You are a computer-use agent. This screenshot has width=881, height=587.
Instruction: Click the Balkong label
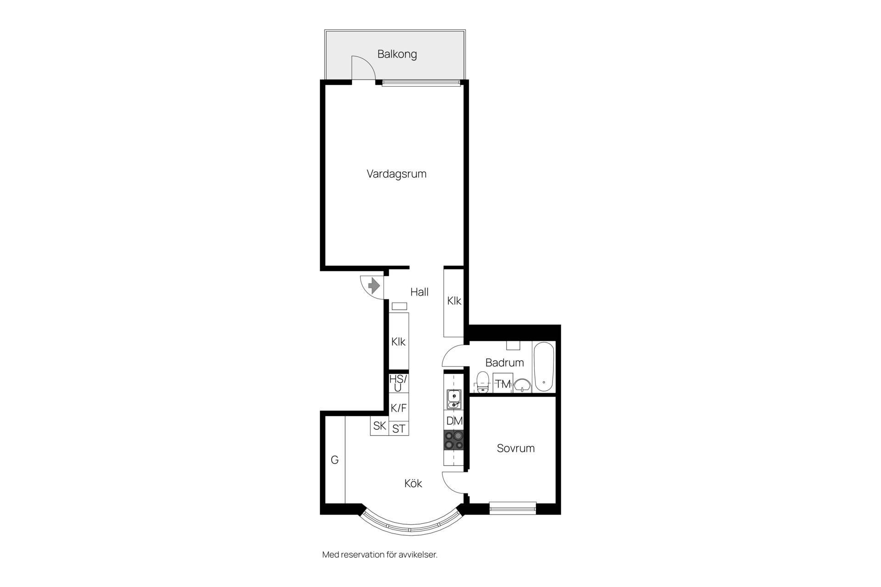point(397,54)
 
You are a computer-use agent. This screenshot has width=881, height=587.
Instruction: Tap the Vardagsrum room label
point(396,174)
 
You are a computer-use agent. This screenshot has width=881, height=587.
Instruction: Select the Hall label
point(419,292)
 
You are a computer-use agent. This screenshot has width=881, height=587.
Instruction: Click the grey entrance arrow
point(374,286)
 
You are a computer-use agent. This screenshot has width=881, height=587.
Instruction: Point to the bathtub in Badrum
point(544,367)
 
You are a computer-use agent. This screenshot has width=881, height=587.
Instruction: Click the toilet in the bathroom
point(482,382)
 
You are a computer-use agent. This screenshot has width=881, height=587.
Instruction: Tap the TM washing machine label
point(503,384)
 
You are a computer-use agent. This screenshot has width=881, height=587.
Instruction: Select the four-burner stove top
point(453,440)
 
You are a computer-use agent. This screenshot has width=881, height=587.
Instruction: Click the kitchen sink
point(453,399)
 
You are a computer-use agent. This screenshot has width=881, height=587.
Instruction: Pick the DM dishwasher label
point(454,421)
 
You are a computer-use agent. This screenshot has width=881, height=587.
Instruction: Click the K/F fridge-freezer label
point(398,408)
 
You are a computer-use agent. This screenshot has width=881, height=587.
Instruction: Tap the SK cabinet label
point(379,426)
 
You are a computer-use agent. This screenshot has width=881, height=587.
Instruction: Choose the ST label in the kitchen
point(399,429)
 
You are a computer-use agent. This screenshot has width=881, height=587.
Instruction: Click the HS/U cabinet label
point(398,383)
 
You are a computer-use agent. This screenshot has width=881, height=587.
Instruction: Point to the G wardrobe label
point(335,460)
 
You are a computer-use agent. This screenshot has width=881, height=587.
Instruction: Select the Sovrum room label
point(516,448)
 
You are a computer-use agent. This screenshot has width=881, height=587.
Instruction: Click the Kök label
point(413,483)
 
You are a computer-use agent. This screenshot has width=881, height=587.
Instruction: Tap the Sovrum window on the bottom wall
point(513,508)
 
